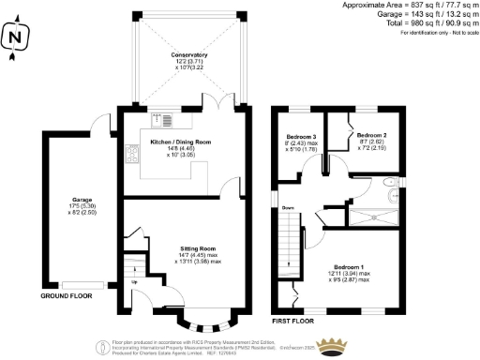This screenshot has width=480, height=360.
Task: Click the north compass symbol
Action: click(13, 38)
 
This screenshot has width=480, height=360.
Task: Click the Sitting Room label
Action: click(201, 248)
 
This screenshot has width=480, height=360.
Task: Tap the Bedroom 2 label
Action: click(371, 135)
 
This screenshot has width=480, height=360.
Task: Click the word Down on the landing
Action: click(289, 207)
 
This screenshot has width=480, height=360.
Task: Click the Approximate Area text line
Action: click(417, 5)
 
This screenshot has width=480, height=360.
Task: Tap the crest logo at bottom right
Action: click(328, 346)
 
